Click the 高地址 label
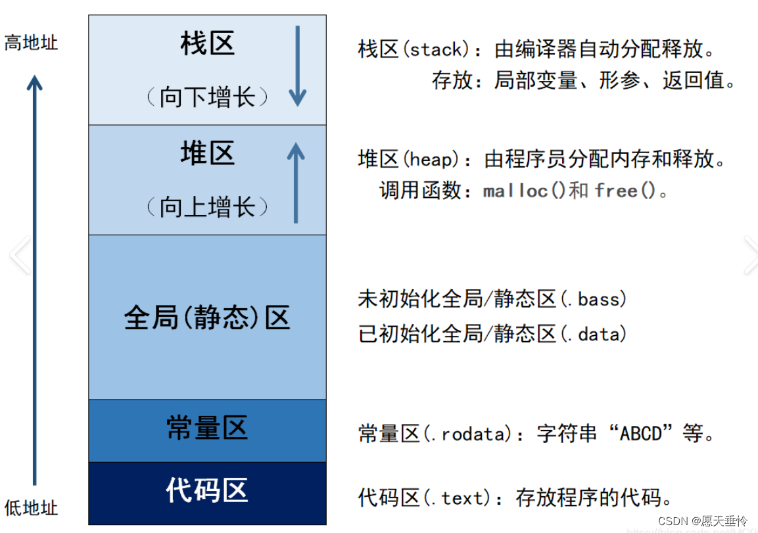point(31,43)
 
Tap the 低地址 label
point(31,508)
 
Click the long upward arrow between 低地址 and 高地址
point(34,280)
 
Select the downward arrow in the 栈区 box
point(297,66)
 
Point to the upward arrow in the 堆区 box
point(296,183)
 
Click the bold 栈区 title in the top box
point(207,43)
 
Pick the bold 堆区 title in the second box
point(207,153)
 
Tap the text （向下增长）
point(207,97)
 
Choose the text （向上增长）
point(207,207)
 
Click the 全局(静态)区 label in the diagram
point(207,317)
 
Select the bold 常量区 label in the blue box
point(207,428)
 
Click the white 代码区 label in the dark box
point(207,490)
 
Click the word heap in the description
point(431,159)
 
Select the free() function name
point(625,191)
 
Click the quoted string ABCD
point(640,434)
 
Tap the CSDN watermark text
point(702,521)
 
